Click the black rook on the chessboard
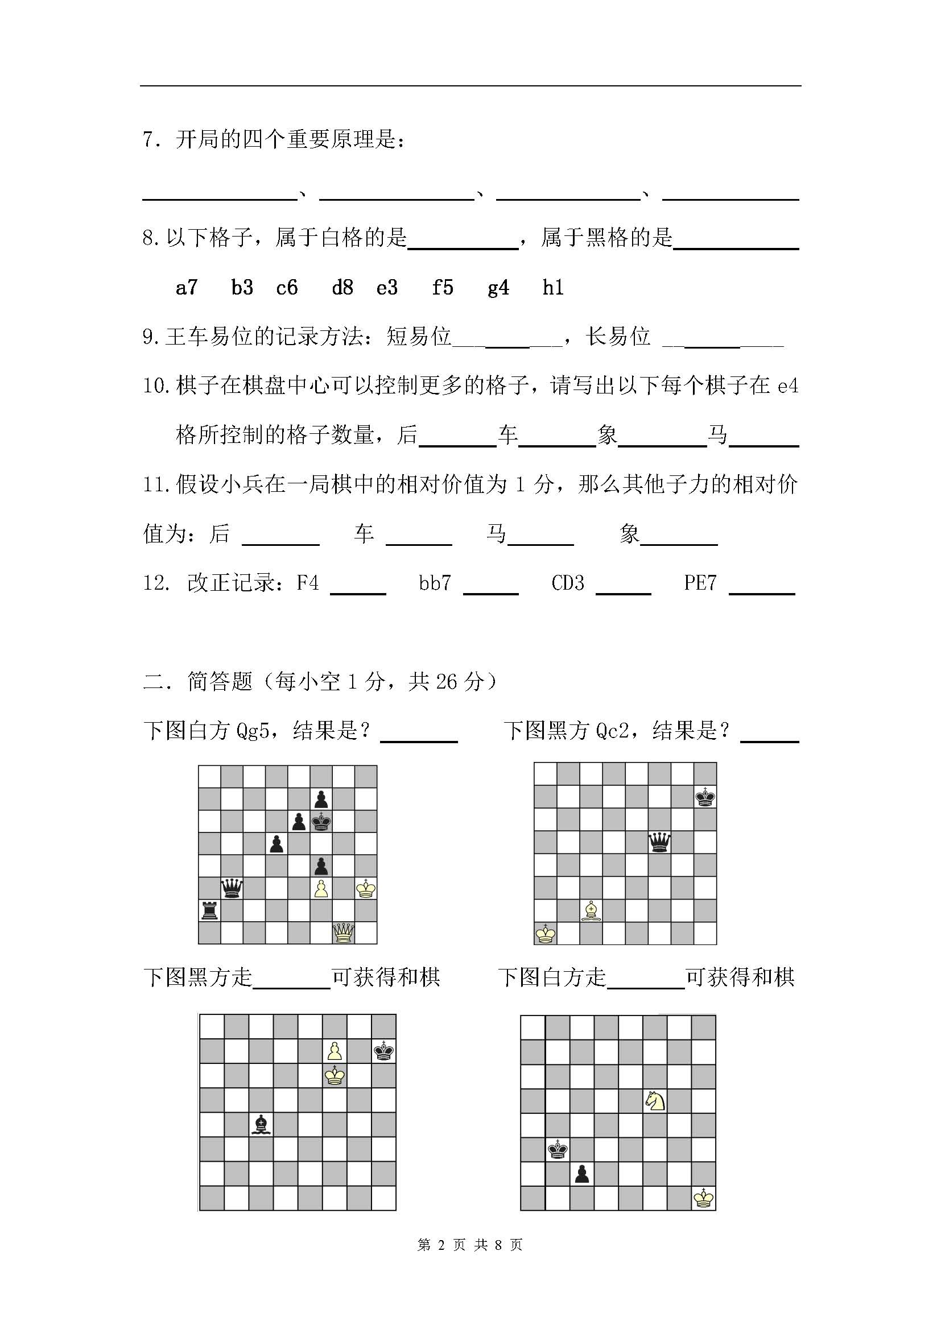[209, 910]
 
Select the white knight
[655, 1100]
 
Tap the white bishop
[591, 910]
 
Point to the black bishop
[261, 1124]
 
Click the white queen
[343, 933]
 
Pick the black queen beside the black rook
[232, 888]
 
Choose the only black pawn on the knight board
[582, 1174]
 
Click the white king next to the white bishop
[545, 933]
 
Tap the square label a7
[187, 287]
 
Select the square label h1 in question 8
[553, 287]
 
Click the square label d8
[342, 287]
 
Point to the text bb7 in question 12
[435, 583]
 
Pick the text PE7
[700, 583]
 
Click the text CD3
[568, 583]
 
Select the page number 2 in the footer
[441, 1245]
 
